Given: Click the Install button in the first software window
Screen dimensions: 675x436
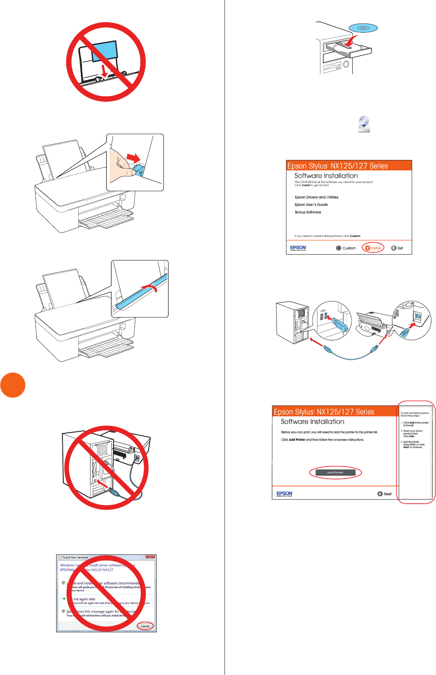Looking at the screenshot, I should [373, 248].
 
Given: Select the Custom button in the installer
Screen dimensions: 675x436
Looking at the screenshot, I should [346, 248].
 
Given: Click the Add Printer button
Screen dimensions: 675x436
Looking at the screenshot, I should [335, 472].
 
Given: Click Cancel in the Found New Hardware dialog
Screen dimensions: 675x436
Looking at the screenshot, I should [145, 626].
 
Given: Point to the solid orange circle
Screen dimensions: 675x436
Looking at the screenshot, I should [13, 385].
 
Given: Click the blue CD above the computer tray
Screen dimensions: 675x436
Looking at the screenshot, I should [363, 28].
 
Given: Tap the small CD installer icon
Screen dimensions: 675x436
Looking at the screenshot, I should [364, 124].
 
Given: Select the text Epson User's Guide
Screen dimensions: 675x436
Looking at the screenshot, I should [311, 205].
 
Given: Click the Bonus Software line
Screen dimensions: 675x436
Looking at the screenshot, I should [308, 212].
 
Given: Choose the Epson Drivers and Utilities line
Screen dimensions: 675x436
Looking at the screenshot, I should [316, 197].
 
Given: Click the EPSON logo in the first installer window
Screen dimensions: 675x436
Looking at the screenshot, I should [298, 248].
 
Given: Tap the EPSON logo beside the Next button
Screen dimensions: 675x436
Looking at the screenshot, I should [284, 494].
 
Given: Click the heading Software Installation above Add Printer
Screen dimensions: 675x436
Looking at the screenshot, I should [312, 422].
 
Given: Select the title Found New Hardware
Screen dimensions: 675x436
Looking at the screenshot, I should [75, 557].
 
